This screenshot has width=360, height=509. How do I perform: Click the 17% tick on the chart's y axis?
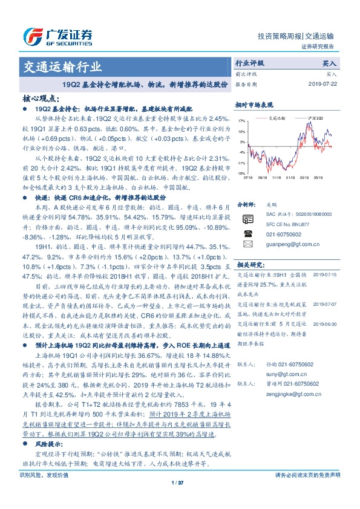[x=241, y=121]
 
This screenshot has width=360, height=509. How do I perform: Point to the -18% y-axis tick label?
[x=241, y=173]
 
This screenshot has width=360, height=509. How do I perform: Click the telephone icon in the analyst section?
[x=247, y=233]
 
